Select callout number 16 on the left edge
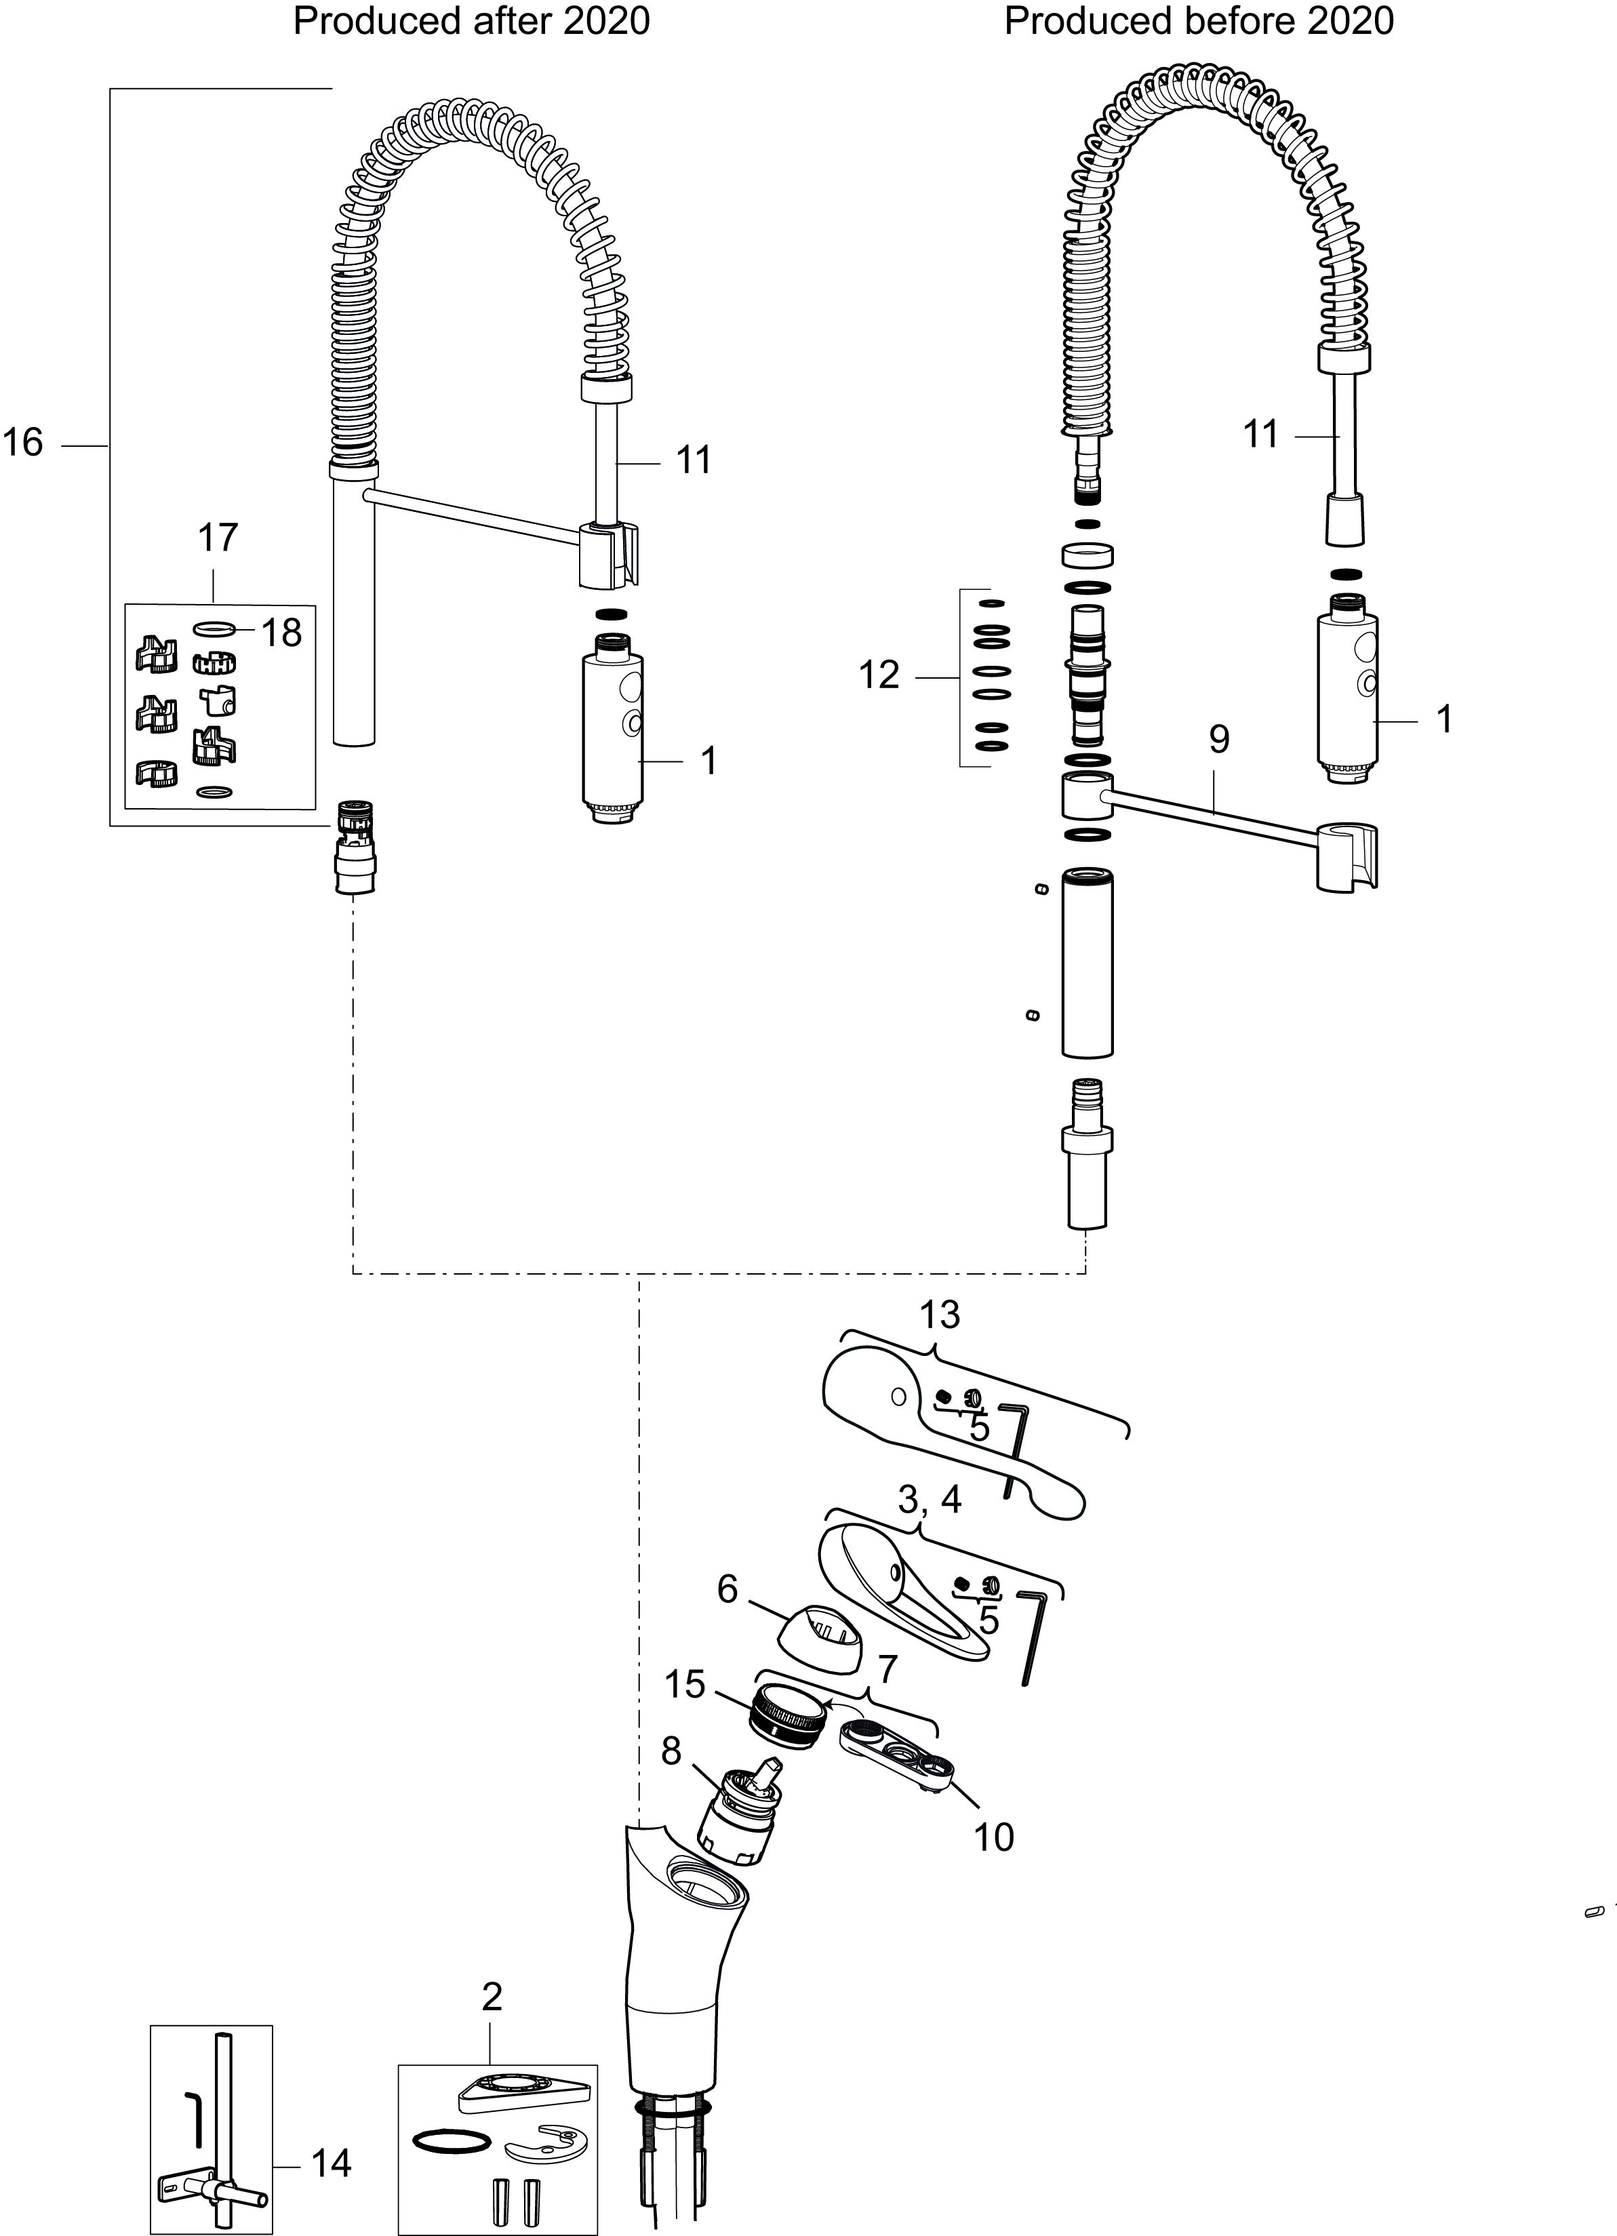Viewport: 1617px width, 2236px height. pyautogui.click(x=22, y=443)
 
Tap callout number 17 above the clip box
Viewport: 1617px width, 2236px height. pyautogui.click(x=218, y=538)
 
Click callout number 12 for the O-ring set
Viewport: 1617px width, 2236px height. pyautogui.click(x=879, y=675)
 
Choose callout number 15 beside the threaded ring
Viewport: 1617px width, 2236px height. pyautogui.click(x=684, y=1684)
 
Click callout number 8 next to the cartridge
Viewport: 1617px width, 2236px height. pyautogui.click(x=671, y=1752)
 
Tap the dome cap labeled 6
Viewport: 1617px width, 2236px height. pyautogui.click(x=820, y=1637)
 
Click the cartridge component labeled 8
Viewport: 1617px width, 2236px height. pyautogui.click(x=742, y=1819)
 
